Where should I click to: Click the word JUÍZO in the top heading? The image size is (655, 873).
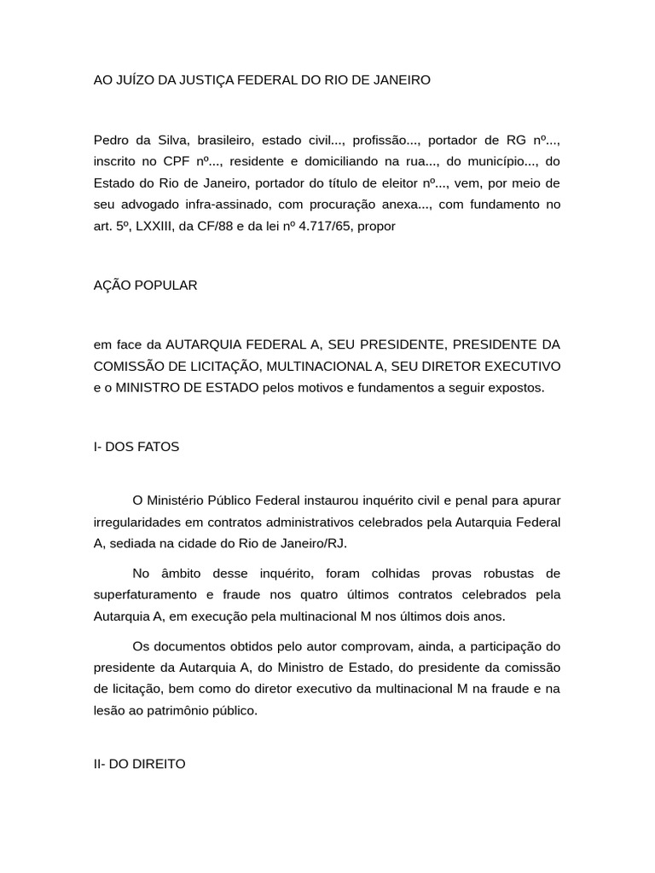(x=130, y=80)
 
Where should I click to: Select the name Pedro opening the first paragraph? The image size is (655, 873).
(x=112, y=140)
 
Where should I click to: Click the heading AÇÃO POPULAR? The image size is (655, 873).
(x=145, y=285)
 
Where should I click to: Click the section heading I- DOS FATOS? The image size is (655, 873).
(x=136, y=447)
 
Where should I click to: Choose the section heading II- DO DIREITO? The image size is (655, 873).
(x=139, y=764)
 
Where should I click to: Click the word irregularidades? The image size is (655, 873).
(x=137, y=522)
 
